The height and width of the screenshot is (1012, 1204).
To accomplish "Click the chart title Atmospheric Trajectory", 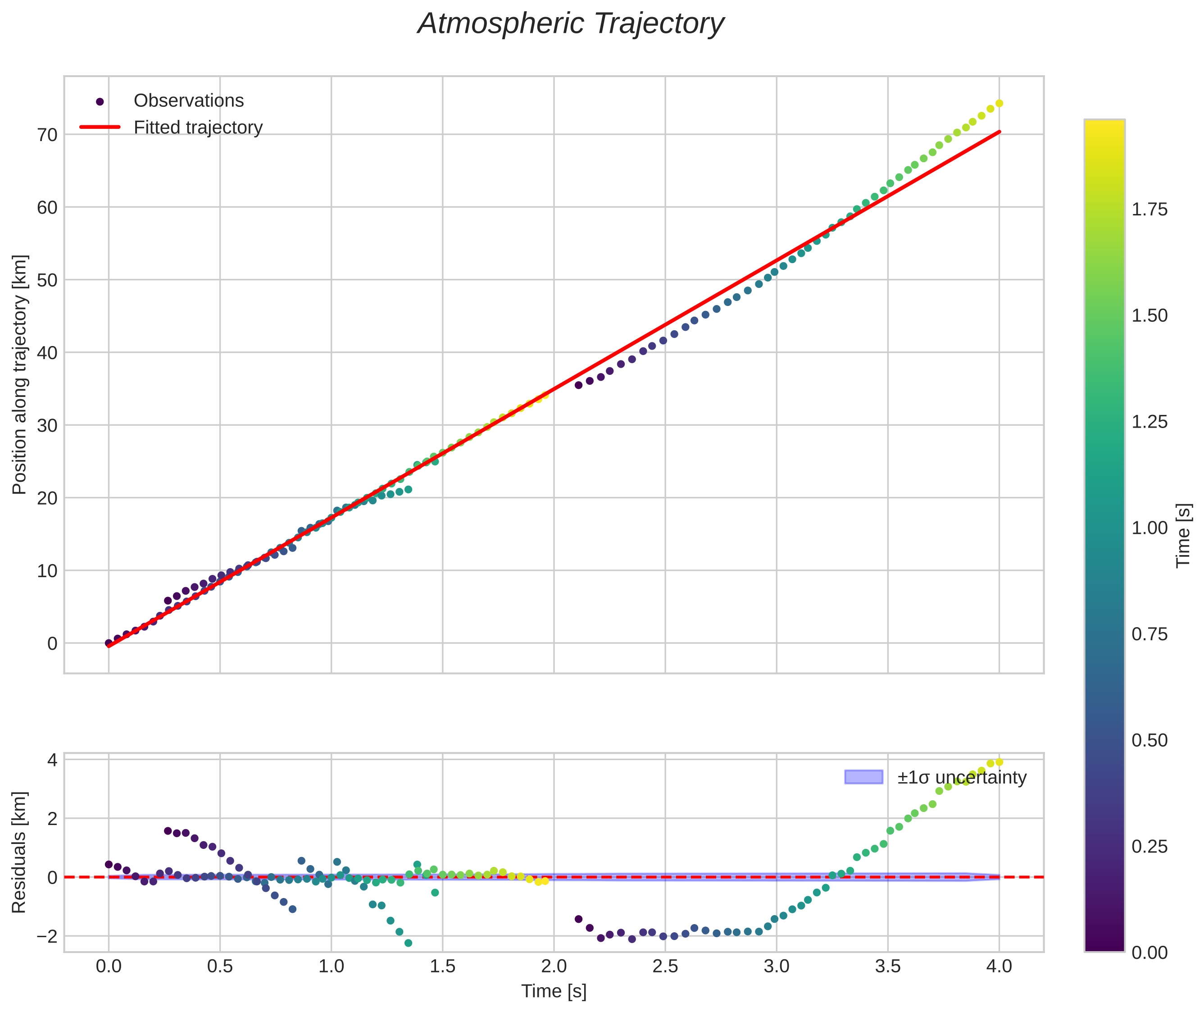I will coord(571,24).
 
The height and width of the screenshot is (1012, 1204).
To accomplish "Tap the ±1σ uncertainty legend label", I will coord(961,778).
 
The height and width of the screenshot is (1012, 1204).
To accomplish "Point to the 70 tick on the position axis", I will coord(48,135).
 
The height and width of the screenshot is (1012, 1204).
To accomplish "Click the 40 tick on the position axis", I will coord(48,353).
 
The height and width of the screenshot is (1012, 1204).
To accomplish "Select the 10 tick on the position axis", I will coord(48,571).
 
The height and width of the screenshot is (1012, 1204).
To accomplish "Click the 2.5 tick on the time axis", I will coord(665,966).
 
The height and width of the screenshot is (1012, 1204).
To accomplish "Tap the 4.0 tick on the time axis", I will coord(999,966).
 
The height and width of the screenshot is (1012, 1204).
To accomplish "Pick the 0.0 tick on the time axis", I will coord(109,966).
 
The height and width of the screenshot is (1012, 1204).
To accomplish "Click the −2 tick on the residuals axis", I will coord(48,937).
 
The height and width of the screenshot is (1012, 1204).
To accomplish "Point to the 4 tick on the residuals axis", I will coord(52,761).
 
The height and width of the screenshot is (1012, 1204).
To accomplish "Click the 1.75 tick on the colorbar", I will coord(1149,210).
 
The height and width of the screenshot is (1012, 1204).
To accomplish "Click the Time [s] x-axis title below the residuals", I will coord(554,991).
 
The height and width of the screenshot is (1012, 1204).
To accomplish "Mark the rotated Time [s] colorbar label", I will coord(1183,536).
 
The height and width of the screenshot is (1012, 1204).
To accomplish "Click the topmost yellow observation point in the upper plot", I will coord(999,103).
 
